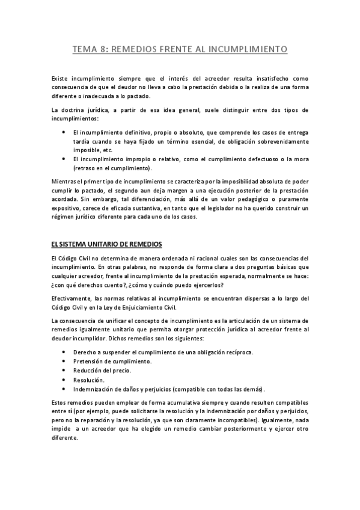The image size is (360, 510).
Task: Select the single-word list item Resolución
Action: (x=88, y=379)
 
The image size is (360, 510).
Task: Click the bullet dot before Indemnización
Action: (x=64, y=389)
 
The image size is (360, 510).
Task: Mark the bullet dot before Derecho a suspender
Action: (x=64, y=351)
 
